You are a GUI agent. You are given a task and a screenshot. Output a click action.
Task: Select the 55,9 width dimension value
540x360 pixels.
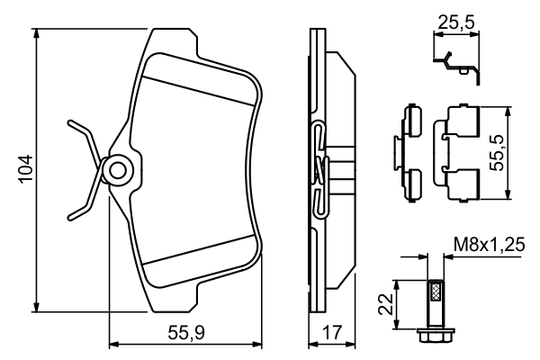[x=187, y=332]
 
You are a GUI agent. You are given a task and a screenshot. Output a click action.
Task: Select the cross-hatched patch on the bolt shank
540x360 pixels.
[x=434, y=291]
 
